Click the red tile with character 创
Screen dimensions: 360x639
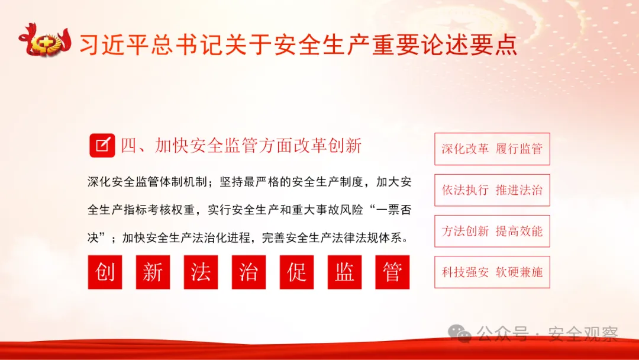(105, 272)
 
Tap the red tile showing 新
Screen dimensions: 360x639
(153, 272)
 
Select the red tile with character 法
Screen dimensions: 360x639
(201, 272)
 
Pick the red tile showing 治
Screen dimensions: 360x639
(248, 272)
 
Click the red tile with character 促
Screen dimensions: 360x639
(296, 272)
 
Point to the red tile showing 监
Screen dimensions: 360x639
(344, 272)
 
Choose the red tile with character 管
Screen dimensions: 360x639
(392, 272)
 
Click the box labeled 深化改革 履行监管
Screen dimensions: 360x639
(492, 149)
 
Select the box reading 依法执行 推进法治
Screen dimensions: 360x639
(492, 190)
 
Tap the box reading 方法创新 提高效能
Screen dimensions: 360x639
(492, 231)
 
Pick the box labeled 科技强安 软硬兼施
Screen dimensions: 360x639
(492, 272)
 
